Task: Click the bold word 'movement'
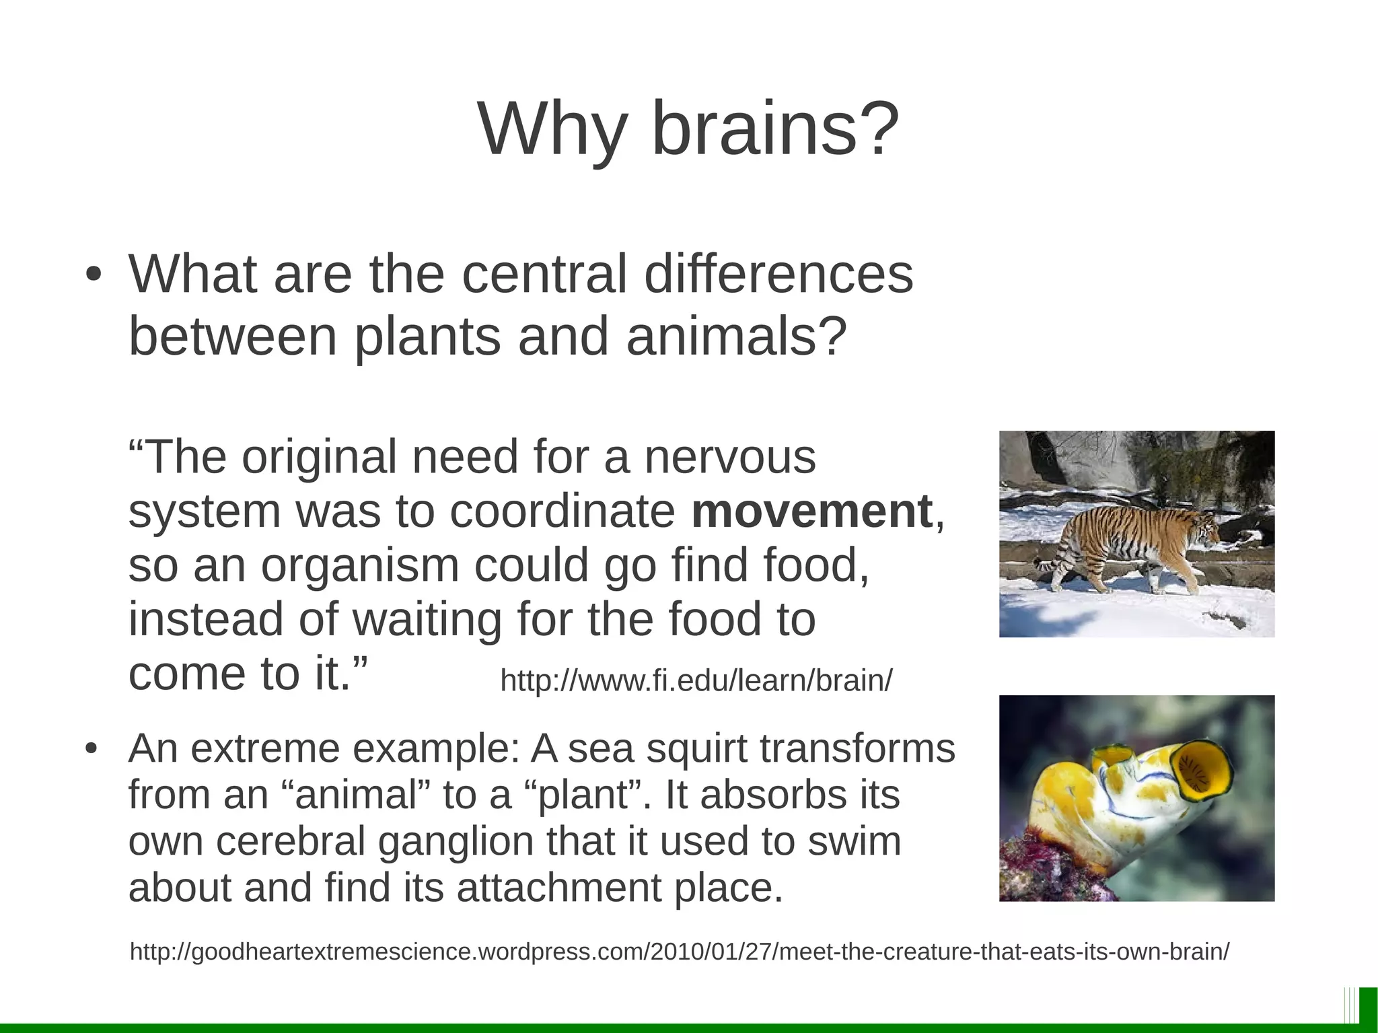[811, 511]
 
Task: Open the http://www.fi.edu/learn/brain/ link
[696, 681]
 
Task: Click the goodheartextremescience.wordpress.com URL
[680, 952]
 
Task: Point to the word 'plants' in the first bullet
[427, 336]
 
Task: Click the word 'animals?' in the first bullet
[736, 336]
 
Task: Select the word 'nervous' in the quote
[730, 457]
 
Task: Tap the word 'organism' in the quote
[360, 565]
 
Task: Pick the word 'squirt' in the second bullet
[696, 748]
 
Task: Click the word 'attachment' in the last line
[559, 888]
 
